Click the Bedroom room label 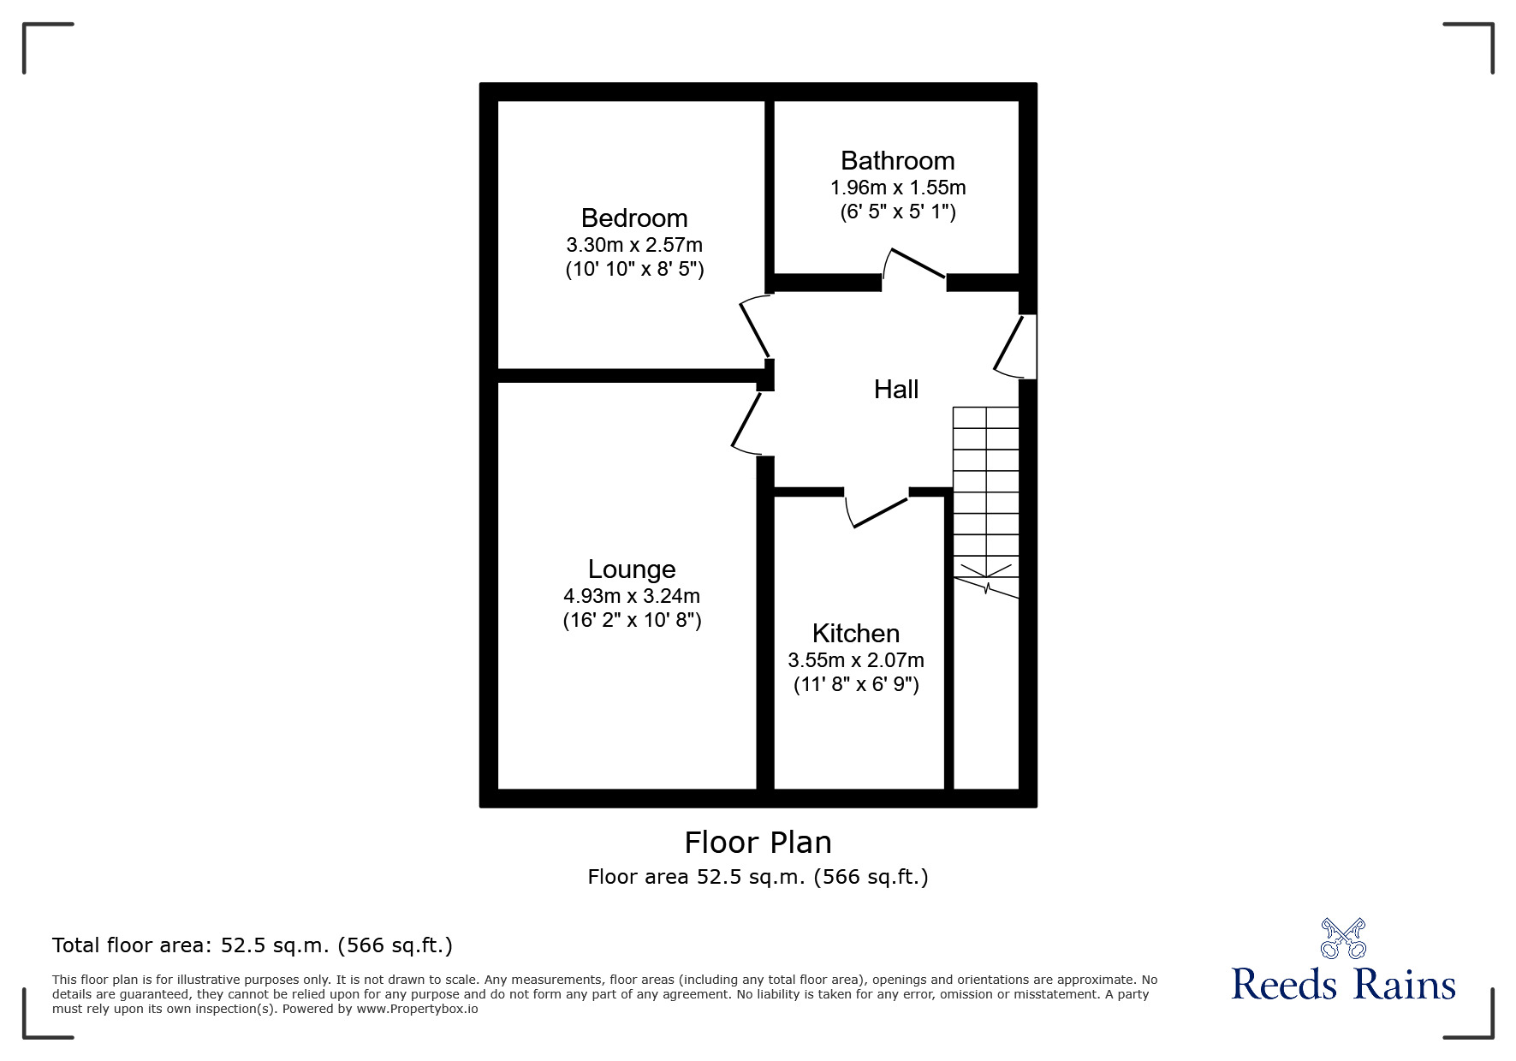[x=633, y=218]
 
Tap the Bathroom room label [x=897, y=161]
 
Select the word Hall [x=895, y=390]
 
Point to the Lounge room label [x=632, y=569]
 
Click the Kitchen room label [x=855, y=634]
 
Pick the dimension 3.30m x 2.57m [x=633, y=245]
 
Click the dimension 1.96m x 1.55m [x=897, y=188]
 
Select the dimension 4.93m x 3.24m [x=632, y=596]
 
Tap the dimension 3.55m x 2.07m [x=855, y=660]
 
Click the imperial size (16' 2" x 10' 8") [x=632, y=620]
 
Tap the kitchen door [x=879, y=511]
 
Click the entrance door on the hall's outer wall [x=1010, y=344]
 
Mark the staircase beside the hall [x=986, y=497]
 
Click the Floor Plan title [x=758, y=843]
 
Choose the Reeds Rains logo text [x=1343, y=985]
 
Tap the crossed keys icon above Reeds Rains [x=1343, y=938]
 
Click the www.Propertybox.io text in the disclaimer [x=418, y=1009]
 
